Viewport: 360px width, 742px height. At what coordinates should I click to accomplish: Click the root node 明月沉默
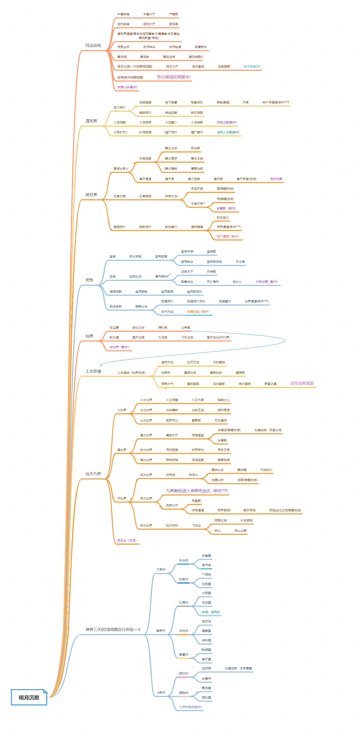click(29, 697)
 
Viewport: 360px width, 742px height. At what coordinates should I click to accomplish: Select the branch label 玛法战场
click(93, 46)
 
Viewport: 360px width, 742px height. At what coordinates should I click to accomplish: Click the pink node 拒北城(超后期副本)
click(173, 77)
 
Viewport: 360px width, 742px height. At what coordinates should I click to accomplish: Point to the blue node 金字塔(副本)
click(252, 66)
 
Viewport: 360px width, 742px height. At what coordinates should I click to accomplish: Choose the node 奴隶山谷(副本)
click(127, 87)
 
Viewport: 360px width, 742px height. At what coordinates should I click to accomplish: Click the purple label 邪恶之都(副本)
click(227, 122)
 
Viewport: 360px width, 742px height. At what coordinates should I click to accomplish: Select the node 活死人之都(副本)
click(228, 132)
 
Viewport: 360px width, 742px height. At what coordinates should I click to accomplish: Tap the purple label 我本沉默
click(276, 179)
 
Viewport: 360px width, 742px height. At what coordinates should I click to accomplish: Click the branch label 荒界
click(89, 280)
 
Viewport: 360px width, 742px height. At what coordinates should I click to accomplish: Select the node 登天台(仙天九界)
click(218, 337)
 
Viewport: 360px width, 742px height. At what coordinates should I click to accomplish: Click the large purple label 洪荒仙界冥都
click(302, 383)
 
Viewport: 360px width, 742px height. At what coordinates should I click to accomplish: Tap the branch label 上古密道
click(93, 371)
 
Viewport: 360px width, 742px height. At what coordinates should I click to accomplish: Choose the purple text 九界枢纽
click(197, 491)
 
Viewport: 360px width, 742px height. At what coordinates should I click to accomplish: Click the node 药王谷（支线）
click(127, 540)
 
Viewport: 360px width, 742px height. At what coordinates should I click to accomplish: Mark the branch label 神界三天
click(112, 630)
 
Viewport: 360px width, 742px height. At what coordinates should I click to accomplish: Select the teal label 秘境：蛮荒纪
click(211, 612)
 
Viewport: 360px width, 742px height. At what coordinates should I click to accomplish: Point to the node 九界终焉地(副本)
click(190, 707)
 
